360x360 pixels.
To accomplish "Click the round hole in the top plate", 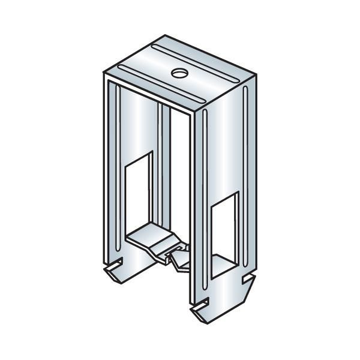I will pos(179,73).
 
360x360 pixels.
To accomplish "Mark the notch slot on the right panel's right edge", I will pos(248,278).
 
